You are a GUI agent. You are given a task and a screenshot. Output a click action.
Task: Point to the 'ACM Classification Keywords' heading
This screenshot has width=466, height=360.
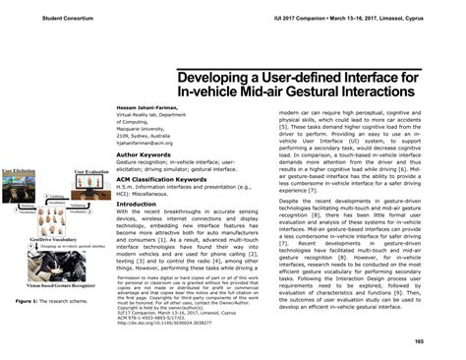tap(162, 182)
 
